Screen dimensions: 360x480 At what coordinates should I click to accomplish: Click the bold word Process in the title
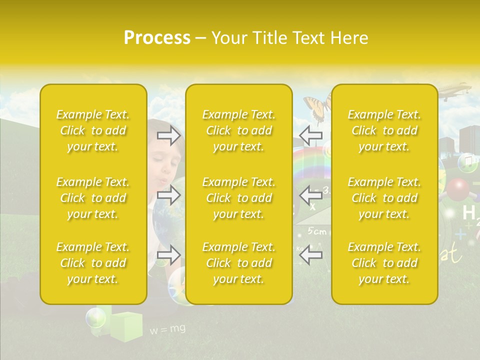click(x=157, y=38)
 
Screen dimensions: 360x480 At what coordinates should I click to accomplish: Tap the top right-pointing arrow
click(x=169, y=135)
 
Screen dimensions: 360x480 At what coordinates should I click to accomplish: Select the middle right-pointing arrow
click(x=169, y=195)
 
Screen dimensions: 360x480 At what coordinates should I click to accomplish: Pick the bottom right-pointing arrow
click(x=169, y=255)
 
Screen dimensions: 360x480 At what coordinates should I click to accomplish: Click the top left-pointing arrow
click(x=311, y=135)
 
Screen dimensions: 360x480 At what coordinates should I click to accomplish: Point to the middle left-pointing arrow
click(x=311, y=195)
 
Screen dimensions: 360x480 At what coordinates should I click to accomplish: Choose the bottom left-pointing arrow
click(x=311, y=255)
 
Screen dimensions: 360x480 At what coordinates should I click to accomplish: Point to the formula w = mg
click(x=167, y=329)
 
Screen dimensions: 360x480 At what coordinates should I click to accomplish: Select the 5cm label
click(x=316, y=231)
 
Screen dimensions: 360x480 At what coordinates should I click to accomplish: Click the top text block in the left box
click(x=93, y=130)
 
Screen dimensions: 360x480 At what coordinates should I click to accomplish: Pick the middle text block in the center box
click(x=239, y=198)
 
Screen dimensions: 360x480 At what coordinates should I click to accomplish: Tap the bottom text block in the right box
click(x=384, y=263)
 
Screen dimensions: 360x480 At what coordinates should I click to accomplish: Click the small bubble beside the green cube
click(x=95, y=317)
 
